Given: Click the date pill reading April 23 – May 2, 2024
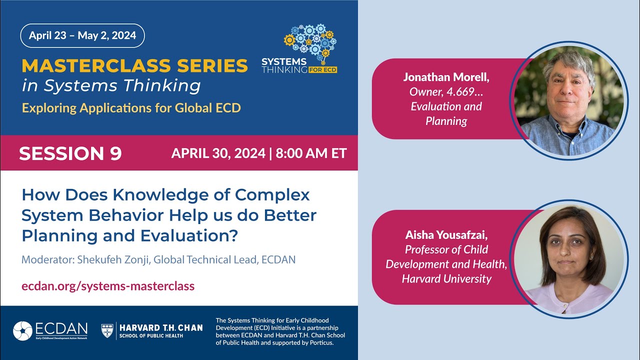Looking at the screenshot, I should [x=82, y=35].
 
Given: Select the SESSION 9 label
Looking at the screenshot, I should [x=70, y=153].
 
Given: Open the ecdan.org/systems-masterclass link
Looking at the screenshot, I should [x=108, y=286].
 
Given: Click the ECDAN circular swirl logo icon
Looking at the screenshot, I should [x=22, y=331].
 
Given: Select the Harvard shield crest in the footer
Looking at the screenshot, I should [x=107, y=330].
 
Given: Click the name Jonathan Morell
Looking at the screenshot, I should [x=445, y=77].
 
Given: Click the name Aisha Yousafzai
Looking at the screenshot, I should [x=446, y=235].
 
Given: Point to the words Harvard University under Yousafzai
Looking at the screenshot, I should [x=446, y=278].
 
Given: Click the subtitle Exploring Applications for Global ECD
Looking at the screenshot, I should [x=131, y=107].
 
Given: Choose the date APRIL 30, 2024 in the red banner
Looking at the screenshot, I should [x=218, y=153].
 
